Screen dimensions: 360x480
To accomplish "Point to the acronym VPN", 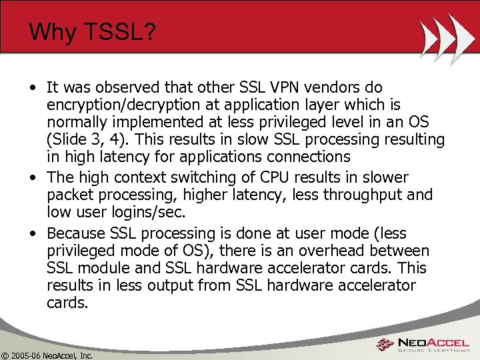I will [279, 87].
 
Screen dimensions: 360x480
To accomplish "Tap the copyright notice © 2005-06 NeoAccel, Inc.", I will [47, 355].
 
